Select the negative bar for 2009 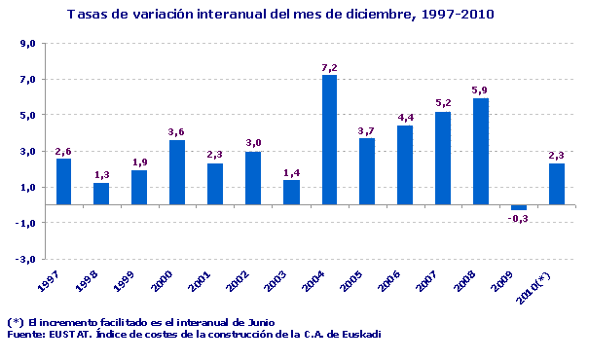coord(519,207)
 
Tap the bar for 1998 coord(101,194)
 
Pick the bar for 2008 coord(481,152)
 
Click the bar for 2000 coord(177,172)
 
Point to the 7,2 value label coord(329,67)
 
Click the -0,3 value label coord(519,219)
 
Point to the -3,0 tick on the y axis coord(26,259)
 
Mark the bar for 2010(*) coord(557,184)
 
